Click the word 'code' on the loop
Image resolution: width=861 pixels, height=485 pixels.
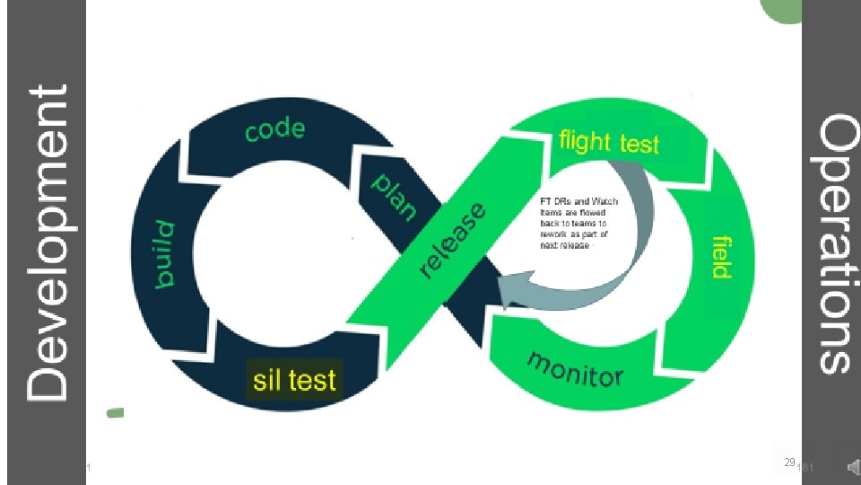[x=274, y=130]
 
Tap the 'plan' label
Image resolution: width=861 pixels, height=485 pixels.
[x=395, y=197]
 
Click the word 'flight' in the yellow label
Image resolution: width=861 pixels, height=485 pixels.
[x=586, y=141]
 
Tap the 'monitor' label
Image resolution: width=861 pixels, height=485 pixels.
[x=575, y=368]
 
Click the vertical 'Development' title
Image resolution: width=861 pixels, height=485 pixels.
[x=47, y=242]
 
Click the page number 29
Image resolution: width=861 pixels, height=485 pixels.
[x=789, y=462]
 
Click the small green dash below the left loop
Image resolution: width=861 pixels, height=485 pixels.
[x=114, y=413]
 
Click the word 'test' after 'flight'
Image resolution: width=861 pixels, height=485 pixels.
[x=639, y=144]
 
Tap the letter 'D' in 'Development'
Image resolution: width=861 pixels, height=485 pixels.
[x=47, y=377]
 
